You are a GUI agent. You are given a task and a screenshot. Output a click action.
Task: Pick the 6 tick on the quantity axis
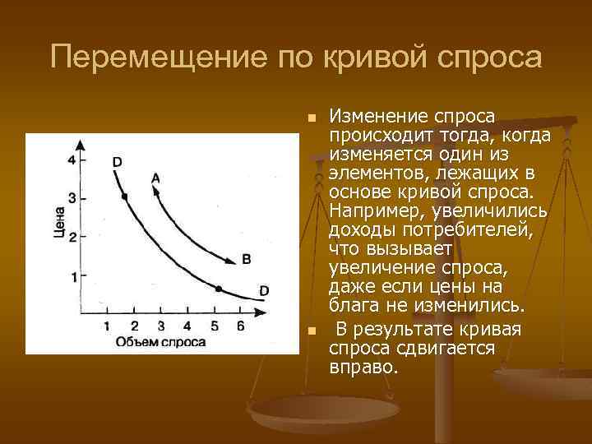point(240,326)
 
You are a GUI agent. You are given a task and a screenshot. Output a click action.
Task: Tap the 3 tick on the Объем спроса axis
point(161,326)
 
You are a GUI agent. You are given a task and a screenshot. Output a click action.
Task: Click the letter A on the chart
point(156,178)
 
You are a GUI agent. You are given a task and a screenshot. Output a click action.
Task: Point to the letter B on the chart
point(246,260)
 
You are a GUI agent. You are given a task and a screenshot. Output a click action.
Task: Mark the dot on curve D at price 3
point(124,197)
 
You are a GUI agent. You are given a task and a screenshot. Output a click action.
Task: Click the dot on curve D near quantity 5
point(219,289)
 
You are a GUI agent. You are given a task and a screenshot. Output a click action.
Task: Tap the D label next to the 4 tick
point(117,162)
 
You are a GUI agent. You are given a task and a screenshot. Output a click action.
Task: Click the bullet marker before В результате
point(312,331)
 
